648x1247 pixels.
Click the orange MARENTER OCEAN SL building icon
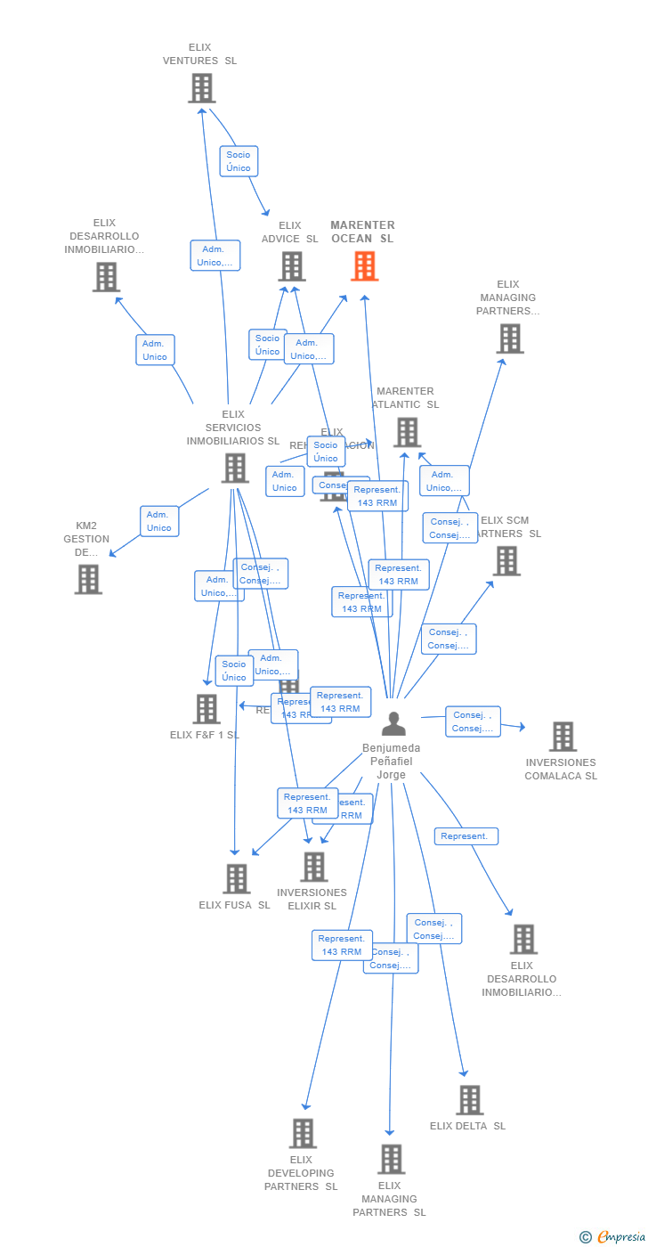coord(364,266)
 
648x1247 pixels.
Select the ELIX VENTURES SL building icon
coord(202,88)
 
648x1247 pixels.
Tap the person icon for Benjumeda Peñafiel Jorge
coord(393,723)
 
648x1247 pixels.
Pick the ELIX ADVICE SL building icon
coord(292,266)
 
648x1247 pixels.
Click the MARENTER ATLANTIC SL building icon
coord(407,432)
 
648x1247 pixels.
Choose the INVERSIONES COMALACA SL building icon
coord(563,737)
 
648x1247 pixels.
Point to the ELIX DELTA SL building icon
coord(470,1100)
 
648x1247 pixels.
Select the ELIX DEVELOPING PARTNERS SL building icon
coord(304,1134)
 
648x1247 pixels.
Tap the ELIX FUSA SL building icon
coord(237,879)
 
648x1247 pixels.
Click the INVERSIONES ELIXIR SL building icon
coord(314,867)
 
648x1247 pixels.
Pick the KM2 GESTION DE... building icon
coord(88,580)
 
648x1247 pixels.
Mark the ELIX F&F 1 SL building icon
coord(207,709)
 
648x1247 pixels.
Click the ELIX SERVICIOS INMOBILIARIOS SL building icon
coord(235,468)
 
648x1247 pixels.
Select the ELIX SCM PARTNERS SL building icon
coord(506,561)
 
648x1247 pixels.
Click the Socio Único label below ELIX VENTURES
coord(239,161)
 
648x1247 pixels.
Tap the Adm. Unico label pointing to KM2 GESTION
coord(159,521)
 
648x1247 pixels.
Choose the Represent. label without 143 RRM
coord(466,836)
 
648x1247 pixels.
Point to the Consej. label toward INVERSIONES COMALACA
coord(473,721)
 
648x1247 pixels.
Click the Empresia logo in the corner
coord(612,1236)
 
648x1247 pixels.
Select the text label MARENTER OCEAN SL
coord(362,232)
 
